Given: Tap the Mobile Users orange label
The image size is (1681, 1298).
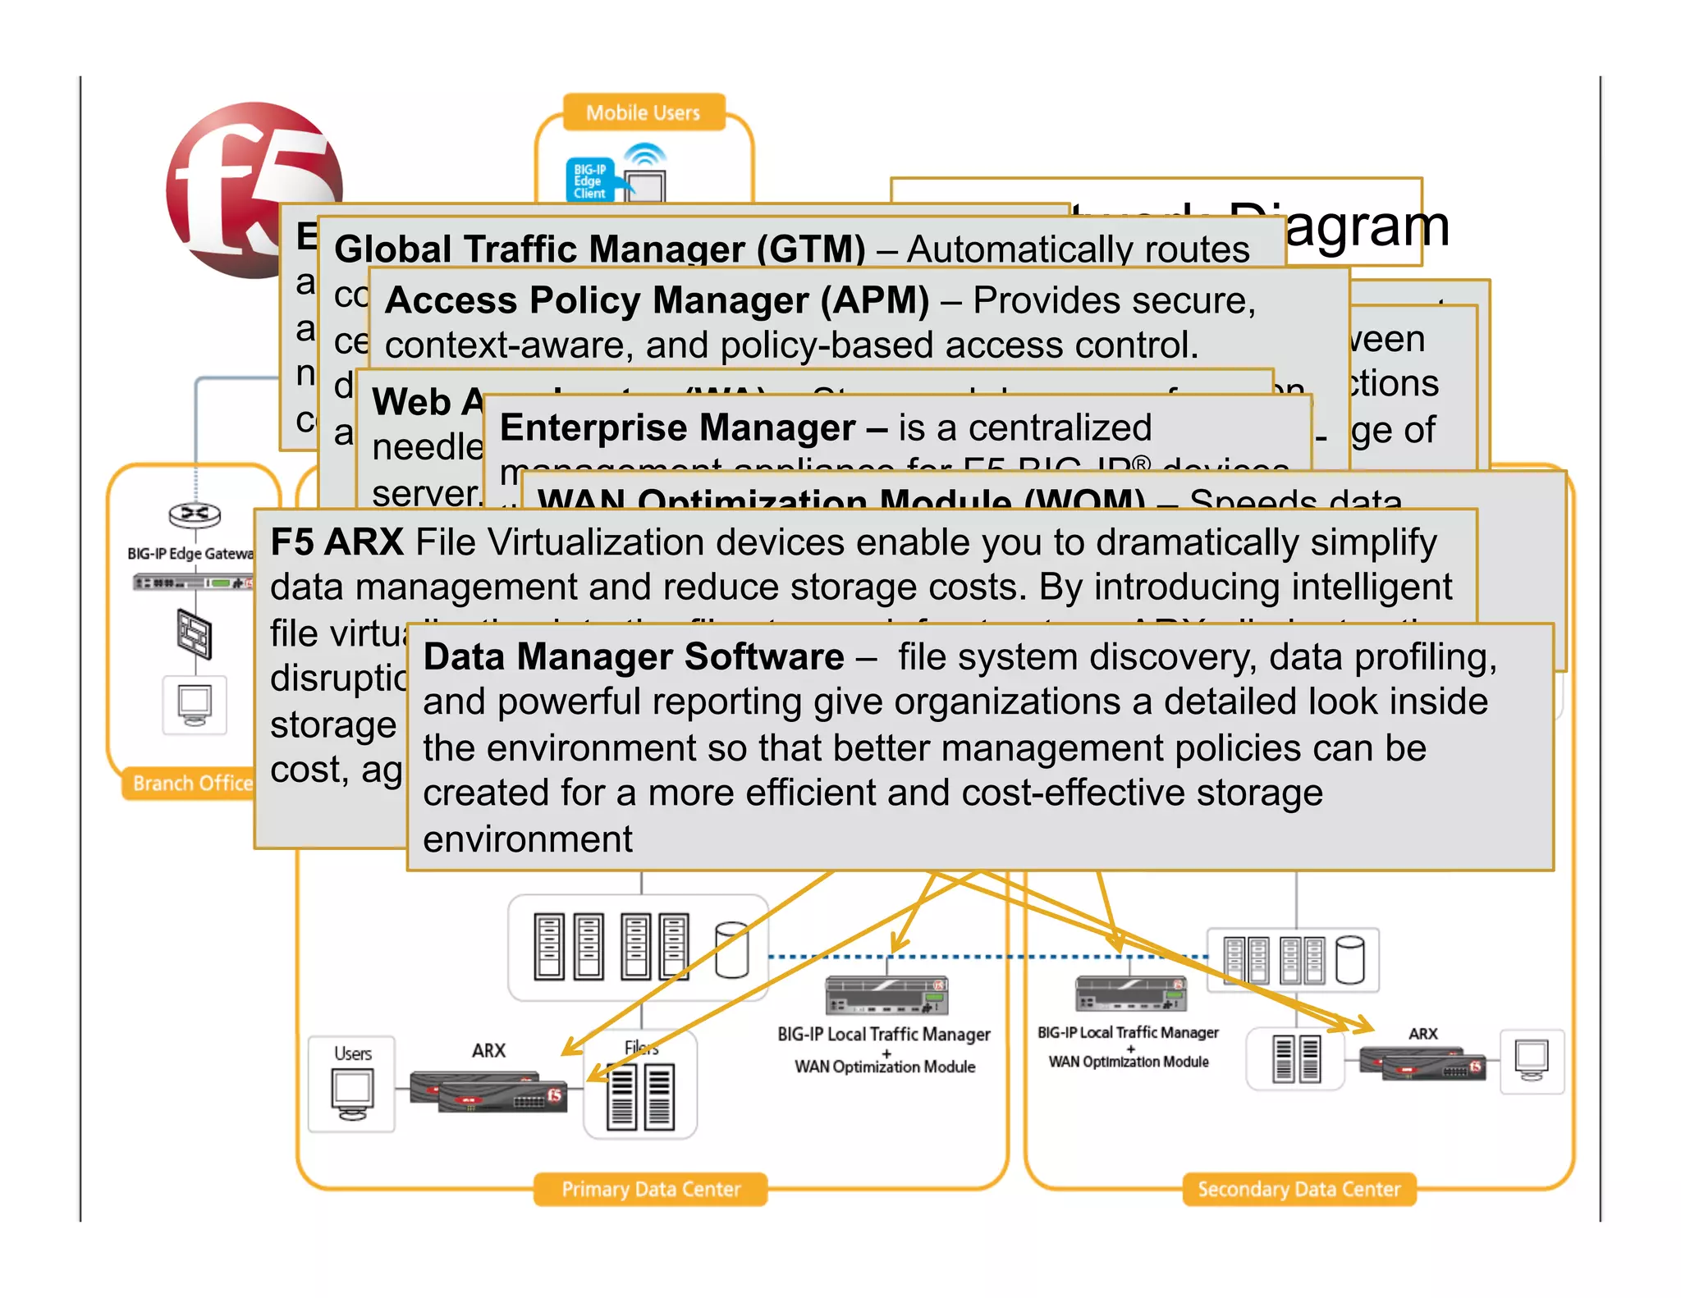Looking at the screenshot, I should pos(643,112).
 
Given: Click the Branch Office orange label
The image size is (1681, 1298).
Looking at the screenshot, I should pos(192,784).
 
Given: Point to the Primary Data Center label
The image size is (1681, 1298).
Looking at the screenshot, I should pos(650,1189).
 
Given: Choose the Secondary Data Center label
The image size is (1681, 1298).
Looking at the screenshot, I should pos(1299,1189).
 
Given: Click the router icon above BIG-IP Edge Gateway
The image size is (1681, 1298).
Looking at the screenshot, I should pos(195,514).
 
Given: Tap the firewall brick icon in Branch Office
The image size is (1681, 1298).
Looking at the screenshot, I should pos(195,634).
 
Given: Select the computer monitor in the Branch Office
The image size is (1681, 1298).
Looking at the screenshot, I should pos(195,704).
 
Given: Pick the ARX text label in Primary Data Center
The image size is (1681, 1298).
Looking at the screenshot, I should pos(488,1050).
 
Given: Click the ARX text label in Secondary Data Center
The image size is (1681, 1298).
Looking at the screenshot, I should pos(1422,1034).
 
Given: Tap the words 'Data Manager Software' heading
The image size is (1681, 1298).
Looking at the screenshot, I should pos(633,657).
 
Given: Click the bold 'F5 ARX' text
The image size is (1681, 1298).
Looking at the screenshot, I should pos(337,542).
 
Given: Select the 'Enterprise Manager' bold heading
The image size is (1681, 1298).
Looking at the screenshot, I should pos(678,428).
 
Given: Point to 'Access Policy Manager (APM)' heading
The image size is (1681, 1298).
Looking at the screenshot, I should pos(657,300).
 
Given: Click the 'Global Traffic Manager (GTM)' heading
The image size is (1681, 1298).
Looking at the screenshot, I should pos(599,249).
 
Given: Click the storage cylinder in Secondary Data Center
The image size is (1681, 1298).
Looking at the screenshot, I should pos(1349,959).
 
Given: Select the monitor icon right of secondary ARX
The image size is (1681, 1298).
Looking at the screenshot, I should pos(1532,1060).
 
